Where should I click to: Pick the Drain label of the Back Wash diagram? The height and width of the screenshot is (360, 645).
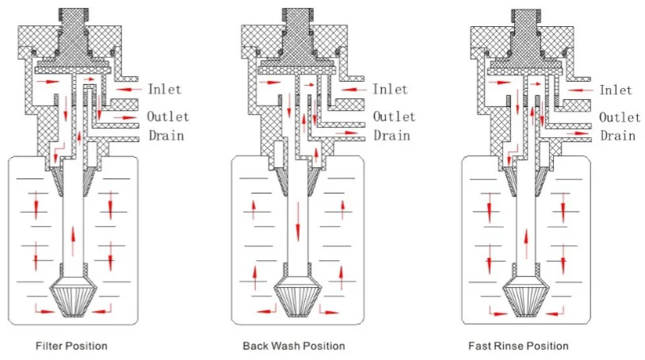[x=391, y=135]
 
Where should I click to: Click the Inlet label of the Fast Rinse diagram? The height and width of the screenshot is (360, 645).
[x=616, y=90]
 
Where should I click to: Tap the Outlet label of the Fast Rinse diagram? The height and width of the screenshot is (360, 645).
[x=620, y=117]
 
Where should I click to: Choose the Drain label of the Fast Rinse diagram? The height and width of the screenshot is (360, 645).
[x=617, y=135]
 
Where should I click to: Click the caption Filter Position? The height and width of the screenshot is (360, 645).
[x=71, y=346]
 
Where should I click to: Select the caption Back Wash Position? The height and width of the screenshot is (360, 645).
[x=294, y=346]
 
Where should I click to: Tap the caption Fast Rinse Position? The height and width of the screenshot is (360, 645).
[x=518, y=346]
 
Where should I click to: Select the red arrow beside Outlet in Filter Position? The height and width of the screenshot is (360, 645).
[x=126, y=117]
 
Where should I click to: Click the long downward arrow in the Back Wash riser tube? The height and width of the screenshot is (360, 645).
[x=298, y=222]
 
